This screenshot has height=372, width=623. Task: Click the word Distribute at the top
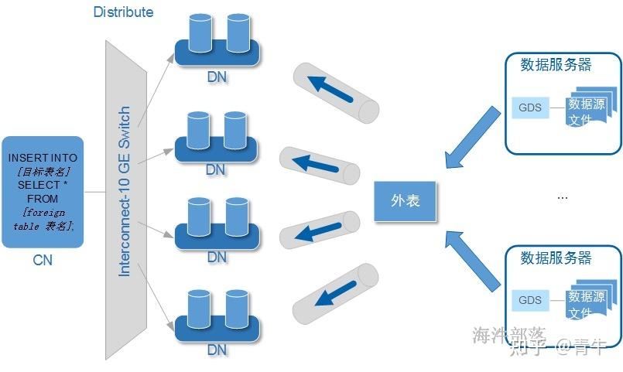coord(123,12)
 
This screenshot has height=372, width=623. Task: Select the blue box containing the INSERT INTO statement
coord(43,192)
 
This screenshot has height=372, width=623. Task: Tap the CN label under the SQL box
coord(43,261)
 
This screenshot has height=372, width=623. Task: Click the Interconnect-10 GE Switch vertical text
coord(125,193)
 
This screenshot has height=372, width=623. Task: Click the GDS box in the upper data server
coord(530,107)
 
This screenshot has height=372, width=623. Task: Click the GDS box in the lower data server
coord(530,300)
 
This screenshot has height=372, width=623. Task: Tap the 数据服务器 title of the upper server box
coord(556,65)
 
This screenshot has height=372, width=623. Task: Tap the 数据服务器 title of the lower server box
coord(556,258)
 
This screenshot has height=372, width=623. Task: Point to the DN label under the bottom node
coord(217,350)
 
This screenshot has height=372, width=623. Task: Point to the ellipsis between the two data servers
coord(563,198)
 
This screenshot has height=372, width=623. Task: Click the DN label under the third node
coord(217,256)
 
